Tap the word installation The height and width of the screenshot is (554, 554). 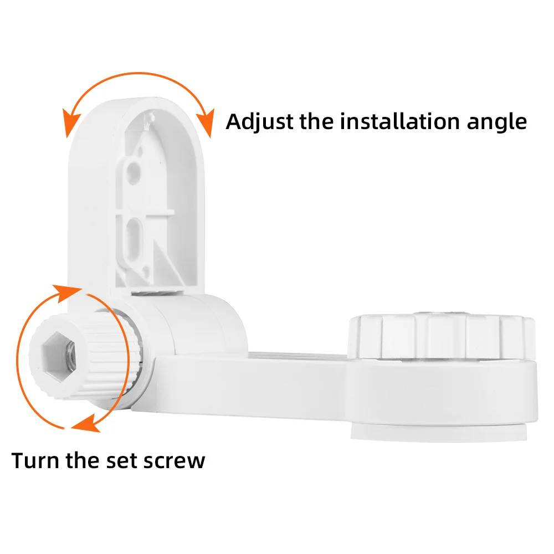pyautogui.click(x=399, y=121)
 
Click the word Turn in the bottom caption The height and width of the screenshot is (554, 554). pyautogui.click(x=35, y=460)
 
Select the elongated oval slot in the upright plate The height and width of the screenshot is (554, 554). pyautogui.click(x=134, y=239)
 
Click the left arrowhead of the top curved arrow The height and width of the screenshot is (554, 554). pyautogui.click(x=70, y=122)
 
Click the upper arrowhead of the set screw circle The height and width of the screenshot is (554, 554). pyautogui.click(x=67, y=293)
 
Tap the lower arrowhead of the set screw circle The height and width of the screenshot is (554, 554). pyautogui.click(x=86, y=423)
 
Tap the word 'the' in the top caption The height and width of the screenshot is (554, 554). pyautogui.click(x=316, y=121)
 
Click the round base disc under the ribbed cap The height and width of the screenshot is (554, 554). pyautogui.click(x=443, y=399)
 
